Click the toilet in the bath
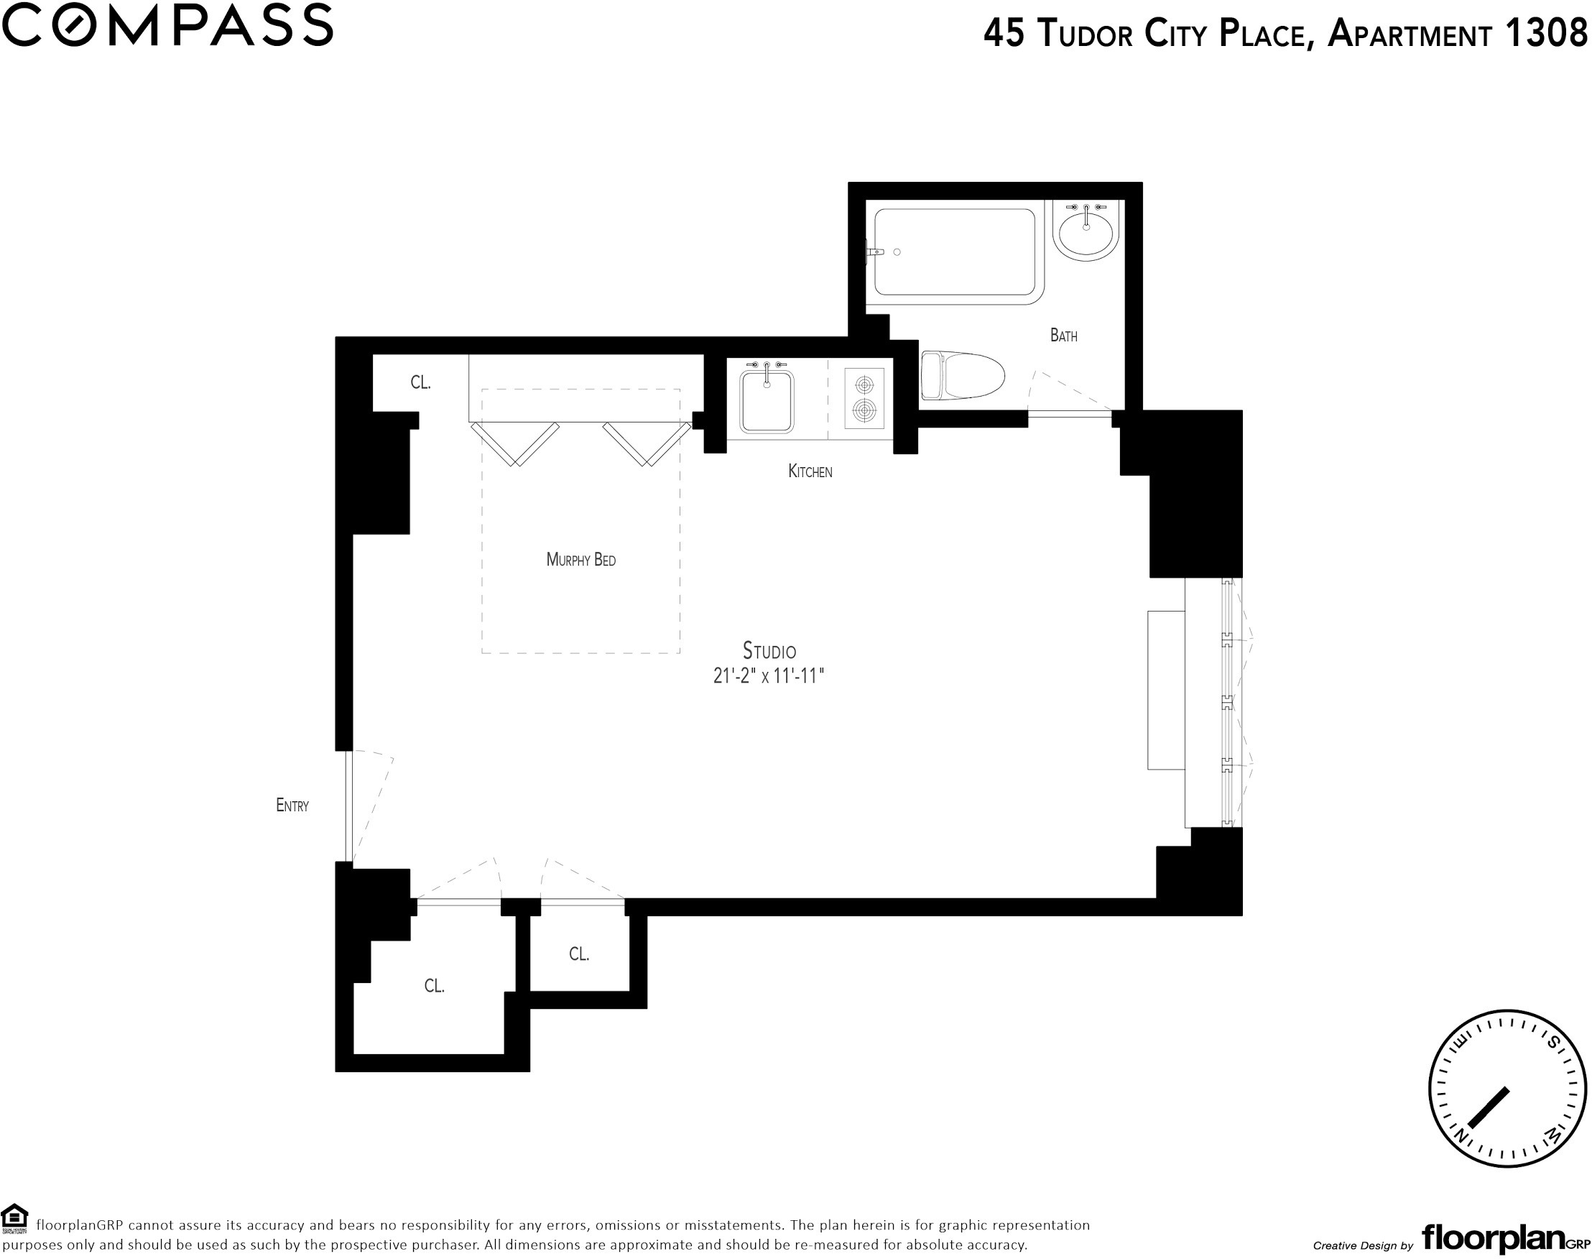[963, 376]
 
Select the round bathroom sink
[1086, 230]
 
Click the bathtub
[956, 252]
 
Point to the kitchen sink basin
[767, 401]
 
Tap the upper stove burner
[864, 384]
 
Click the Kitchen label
[810, 471]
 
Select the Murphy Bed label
[580, 560]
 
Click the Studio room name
[769, 651]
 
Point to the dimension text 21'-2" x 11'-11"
[768, 676]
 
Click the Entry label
[292, 806]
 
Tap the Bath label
[1063, 336]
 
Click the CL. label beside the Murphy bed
[420, 382]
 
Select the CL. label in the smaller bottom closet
[579, 954]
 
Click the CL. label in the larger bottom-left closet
[435, 986]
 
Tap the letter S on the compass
[1553, 1042]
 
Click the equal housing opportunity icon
[15, 1219]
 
